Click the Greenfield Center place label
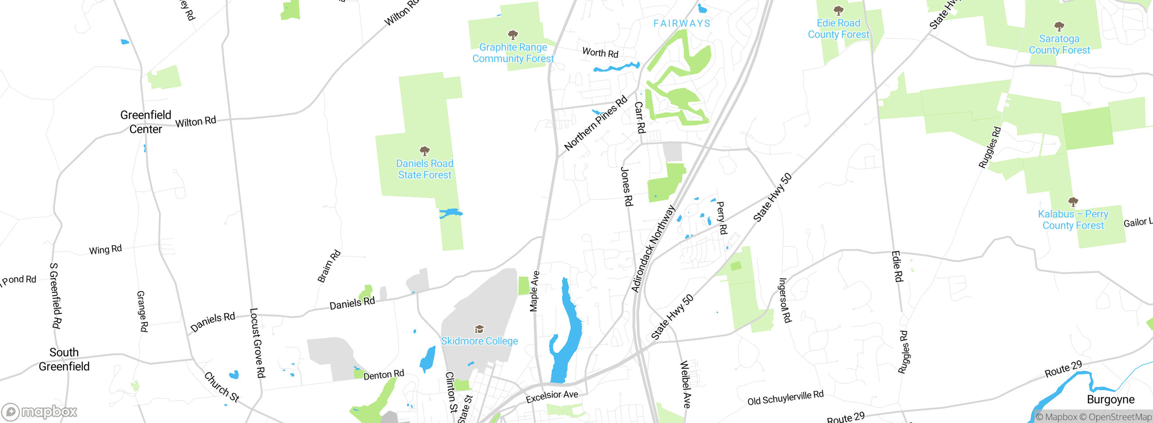145,122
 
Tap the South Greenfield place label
64,359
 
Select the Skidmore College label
479,341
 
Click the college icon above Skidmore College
479,329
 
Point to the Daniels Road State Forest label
424,169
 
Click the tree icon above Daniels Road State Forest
424,150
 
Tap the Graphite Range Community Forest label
513,53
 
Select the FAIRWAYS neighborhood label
681,23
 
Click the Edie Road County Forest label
838,29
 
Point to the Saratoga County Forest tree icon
1059,26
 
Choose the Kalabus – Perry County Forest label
1073,220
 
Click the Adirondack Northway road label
653,248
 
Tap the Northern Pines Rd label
595,123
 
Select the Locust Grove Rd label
258,343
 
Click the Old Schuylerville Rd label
785,398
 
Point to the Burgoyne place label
1110,400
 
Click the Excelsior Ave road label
552,396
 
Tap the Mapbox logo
40,412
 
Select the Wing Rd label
105,250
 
